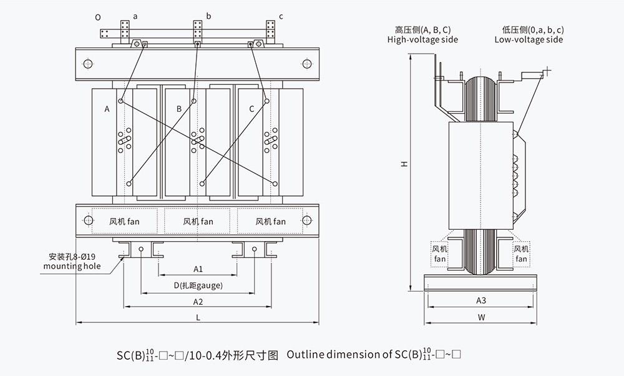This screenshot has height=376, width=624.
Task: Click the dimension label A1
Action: pyautogui.click(x=198, y=269)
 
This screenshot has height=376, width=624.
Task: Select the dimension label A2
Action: pyautogui.click(x=198, y=302)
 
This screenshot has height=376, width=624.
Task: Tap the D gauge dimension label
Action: pyautogui.click(x=198, y=285)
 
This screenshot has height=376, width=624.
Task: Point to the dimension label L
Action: pyautogui.click(x=198, y=317)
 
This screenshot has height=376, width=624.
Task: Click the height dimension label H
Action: pyautogui.click(x=404, y=164)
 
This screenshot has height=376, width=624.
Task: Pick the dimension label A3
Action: pyautogui.click(x=481, y=300)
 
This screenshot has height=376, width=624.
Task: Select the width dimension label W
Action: pyautogui.click(x=481, y=317)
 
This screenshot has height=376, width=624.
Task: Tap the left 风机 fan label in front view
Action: pyautogui.click(x=124, y=221)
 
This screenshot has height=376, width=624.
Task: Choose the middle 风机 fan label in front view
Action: pyautogui.click(x=198, y=221)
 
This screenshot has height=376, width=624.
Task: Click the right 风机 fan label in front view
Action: pyautogui.click(x=270, y=221)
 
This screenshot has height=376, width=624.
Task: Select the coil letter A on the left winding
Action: pyautogui.click(x=107, y=109)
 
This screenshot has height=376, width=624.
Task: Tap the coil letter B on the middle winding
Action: pyautogui.click(x=178, y=109)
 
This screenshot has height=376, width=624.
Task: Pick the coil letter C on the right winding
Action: pyautogui.click(x=251, y=109)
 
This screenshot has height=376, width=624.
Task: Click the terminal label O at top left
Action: pyautogui.click(x=98, y=17)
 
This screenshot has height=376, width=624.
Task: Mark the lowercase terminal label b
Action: pyautogui.click(x=209, y=15)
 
